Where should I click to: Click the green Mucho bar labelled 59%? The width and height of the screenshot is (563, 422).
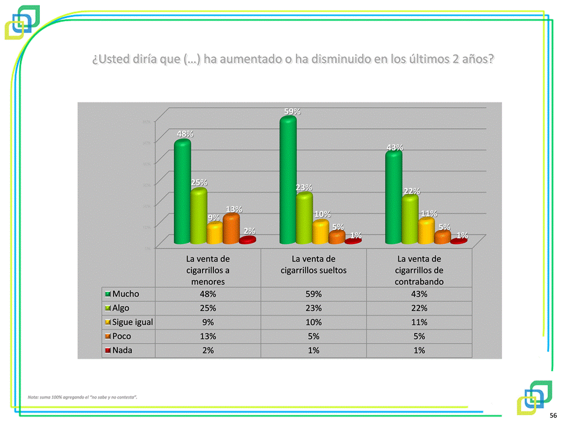click(288, 181)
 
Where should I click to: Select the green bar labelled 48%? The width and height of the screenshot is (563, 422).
click(182, 193)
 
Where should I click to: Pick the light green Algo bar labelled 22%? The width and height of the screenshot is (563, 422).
click(410, 220)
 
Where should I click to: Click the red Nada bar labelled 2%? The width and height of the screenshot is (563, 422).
click(247, 240)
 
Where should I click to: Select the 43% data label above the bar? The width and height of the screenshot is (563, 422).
click(394, 147)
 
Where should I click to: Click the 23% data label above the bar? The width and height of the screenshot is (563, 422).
click(303, 187)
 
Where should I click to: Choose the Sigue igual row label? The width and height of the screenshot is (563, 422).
click(132, 322)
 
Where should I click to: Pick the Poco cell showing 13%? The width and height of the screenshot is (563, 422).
click(208, 336)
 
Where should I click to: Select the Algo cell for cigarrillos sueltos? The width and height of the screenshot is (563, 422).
click(313, 308)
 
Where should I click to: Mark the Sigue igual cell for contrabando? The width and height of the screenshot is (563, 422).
click(419, 322)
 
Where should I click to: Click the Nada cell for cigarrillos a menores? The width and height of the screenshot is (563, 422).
click(208, 350)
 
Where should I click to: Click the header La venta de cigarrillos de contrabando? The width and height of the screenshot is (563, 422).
click(419, 269)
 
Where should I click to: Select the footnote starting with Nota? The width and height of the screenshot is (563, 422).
click(83, 397)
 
